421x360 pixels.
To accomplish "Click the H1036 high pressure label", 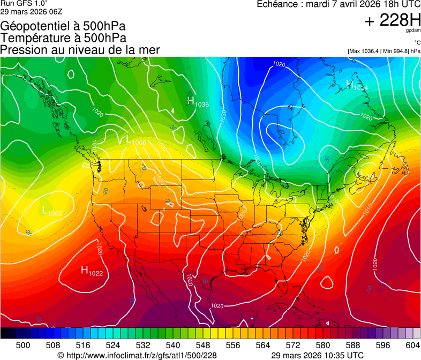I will click(x=198, y=101).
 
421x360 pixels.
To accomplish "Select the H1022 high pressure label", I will click(x=92, y=271).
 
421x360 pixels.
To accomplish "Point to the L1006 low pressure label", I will click(x=136, y=141).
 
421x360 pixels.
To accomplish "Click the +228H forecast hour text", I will click(x=393, y=20).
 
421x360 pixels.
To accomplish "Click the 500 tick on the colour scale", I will click(x=23, y=345).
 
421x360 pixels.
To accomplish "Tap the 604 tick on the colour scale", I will click(x=412, y=345).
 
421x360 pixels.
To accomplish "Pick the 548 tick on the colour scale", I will click(x=203, y=345).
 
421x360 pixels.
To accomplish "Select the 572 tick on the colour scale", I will click(x=293, y=345).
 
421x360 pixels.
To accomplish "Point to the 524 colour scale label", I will click(x=113, y=345).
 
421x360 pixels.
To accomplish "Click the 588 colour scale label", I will click(x=353, y=345).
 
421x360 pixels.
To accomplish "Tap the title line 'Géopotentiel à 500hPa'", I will click(x=63, y=26).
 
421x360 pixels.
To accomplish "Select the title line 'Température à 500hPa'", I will click(x=63, y=38).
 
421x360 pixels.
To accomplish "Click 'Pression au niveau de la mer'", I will click(x=80, y=50).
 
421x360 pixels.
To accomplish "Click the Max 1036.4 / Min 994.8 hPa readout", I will click(x=384, y=51).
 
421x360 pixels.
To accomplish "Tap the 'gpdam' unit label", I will click(x=414, y=31).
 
